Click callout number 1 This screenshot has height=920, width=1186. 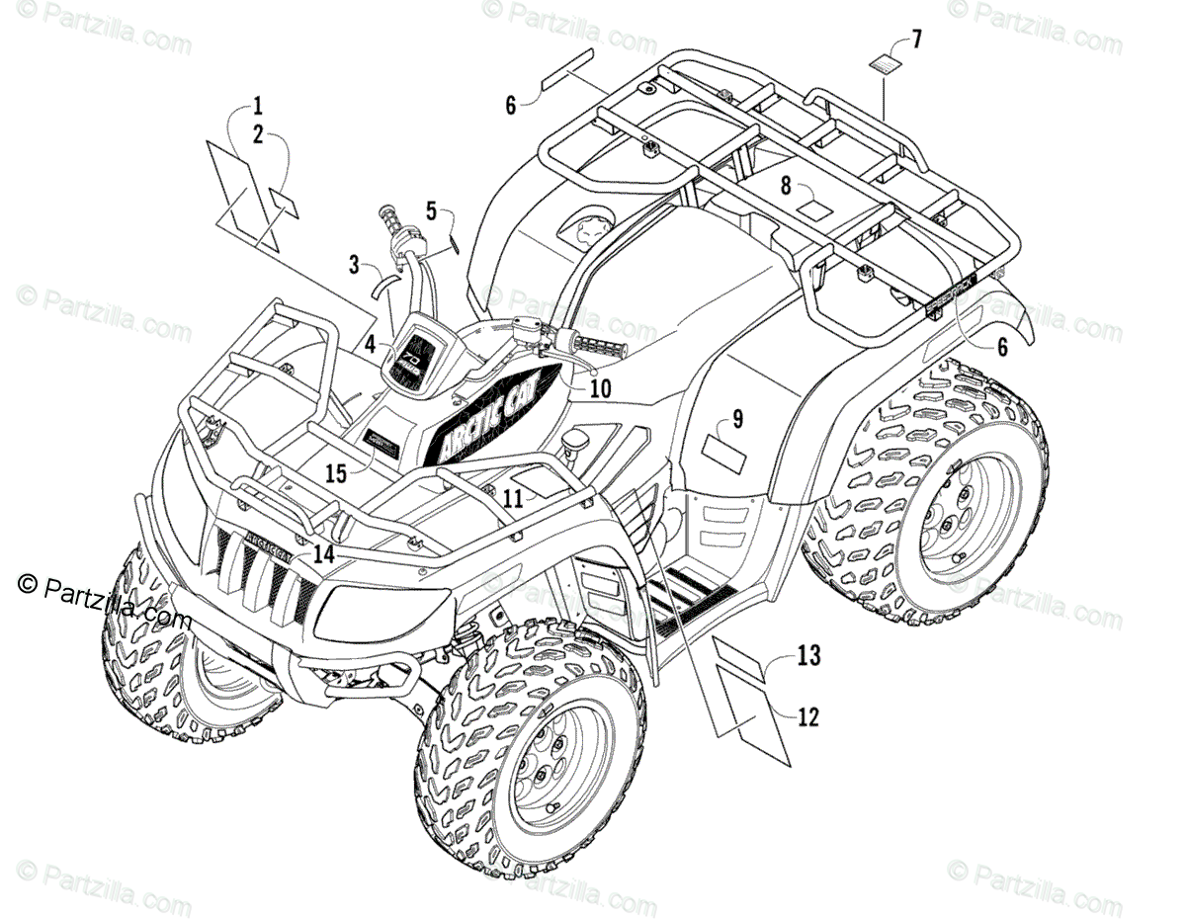pos(257,104)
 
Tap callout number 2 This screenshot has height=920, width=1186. pos(257,136)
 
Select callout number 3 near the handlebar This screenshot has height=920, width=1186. pos(354,265)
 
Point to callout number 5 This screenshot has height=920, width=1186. pos(431,210)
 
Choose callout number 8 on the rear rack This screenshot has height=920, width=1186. pos(786,184)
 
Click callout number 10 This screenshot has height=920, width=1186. pos(601,388)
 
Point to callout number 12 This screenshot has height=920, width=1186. pos(807,718)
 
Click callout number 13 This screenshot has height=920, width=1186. pos(808,654)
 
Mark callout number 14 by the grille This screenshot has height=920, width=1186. pos(324,555)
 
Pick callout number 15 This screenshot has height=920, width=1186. pos(336,474)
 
